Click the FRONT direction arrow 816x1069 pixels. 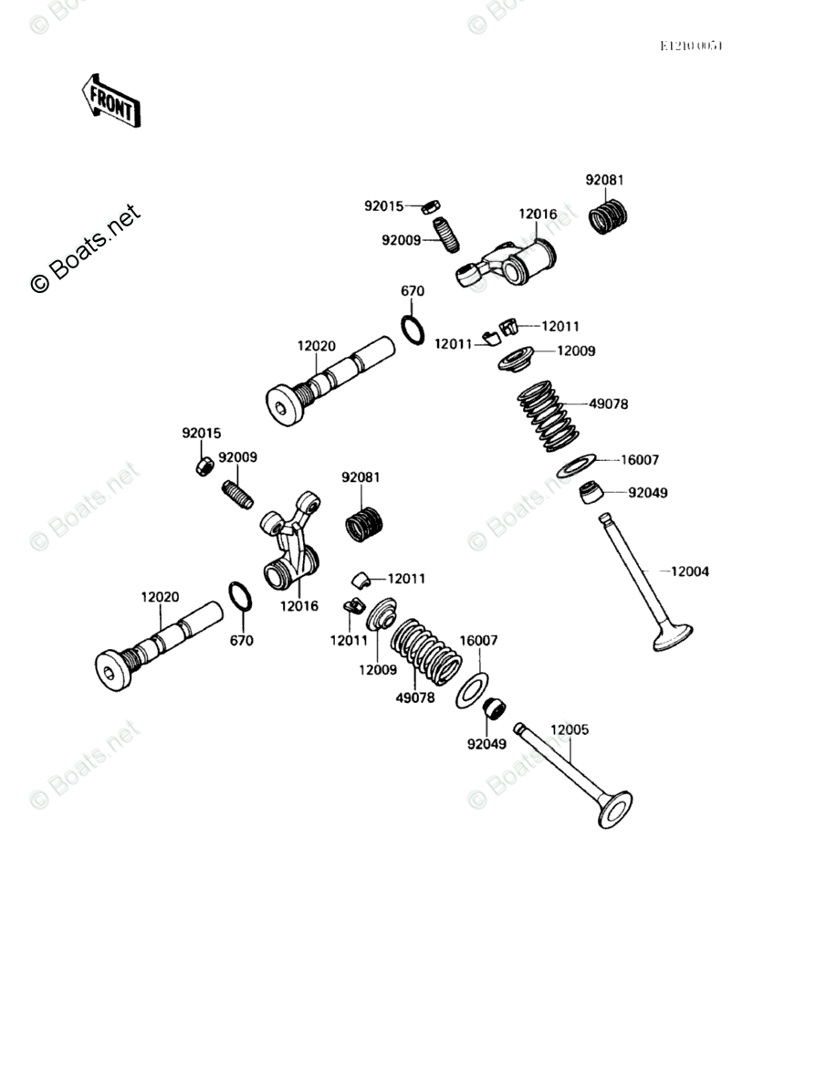click(x=111, y=100)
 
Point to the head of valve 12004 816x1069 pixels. click(x=674, y=635)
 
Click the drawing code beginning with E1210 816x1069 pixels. click(x=692, y=47)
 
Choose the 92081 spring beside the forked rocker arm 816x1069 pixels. click(x=364, y=525)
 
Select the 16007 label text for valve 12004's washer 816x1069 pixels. click(x=640, y=460)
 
